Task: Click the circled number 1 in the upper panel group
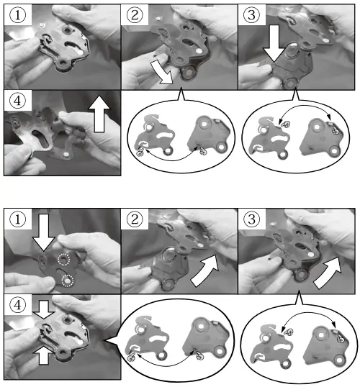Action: pyautogui.click(x=17, y=15)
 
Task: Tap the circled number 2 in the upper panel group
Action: pyautogui.click(x=135, y=15)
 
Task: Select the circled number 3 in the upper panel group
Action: pyautogui.click(x=251, y=15)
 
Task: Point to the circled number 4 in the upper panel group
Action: pyautogui.click(x=17, y=101)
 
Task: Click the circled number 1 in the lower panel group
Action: pyautogui.click(x=17, y=219)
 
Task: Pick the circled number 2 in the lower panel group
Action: pyautogui.click(x=135, y=219)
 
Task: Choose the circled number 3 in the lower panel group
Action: pyautogui.click(x=251, y=219)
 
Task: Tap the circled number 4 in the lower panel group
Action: pyautogui.click(x=17, y=305)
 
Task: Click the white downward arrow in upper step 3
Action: pyautogui.click(x=274, y=44)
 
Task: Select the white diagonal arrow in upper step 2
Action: pyautogui.click(x=162, y=73)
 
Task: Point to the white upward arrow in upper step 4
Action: pyautogui.click(x=99, y=114)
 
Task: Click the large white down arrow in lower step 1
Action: pyautogui.click(x=44, y=232)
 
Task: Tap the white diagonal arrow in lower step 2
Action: pyautogui.click(x=205, y=270)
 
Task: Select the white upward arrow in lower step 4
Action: pyautogui.click(x=44, y=355)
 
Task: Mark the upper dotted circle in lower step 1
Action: pyautogui.click(x=64, y=260)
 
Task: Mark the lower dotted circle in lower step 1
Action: pyautogui.click(x=68, y=281)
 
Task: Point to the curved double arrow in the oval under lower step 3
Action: pyautogui.click(x=308, y=314)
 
